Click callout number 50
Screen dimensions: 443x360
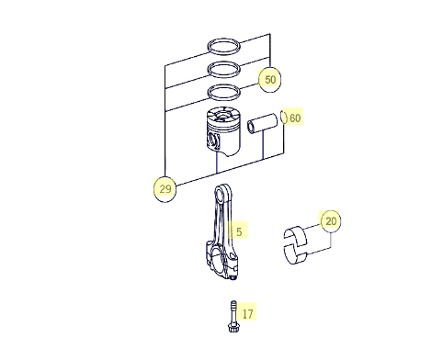coord(270,80)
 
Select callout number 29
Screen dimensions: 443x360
coord(165,188)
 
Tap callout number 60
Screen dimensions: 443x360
coord(295,118)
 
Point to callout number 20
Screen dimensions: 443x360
coord(331,221)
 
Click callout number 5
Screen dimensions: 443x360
coord(239,231)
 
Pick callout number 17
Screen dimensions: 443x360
coord(248,313)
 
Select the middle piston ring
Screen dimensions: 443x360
coord(223,69)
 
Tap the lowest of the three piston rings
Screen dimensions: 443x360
coord(223,92)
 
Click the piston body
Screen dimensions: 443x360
coord(222,131)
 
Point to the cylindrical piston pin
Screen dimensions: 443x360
coord(263,124)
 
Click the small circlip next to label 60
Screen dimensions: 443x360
coord(284,118)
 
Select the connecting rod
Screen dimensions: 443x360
coord(223,231)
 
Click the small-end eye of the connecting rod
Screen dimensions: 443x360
coord(221,194)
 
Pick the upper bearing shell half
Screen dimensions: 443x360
coord(295,236)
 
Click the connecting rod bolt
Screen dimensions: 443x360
coord(233,317)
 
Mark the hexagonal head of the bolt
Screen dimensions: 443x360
coord(234,328)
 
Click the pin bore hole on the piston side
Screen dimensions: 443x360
coord(213,141)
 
